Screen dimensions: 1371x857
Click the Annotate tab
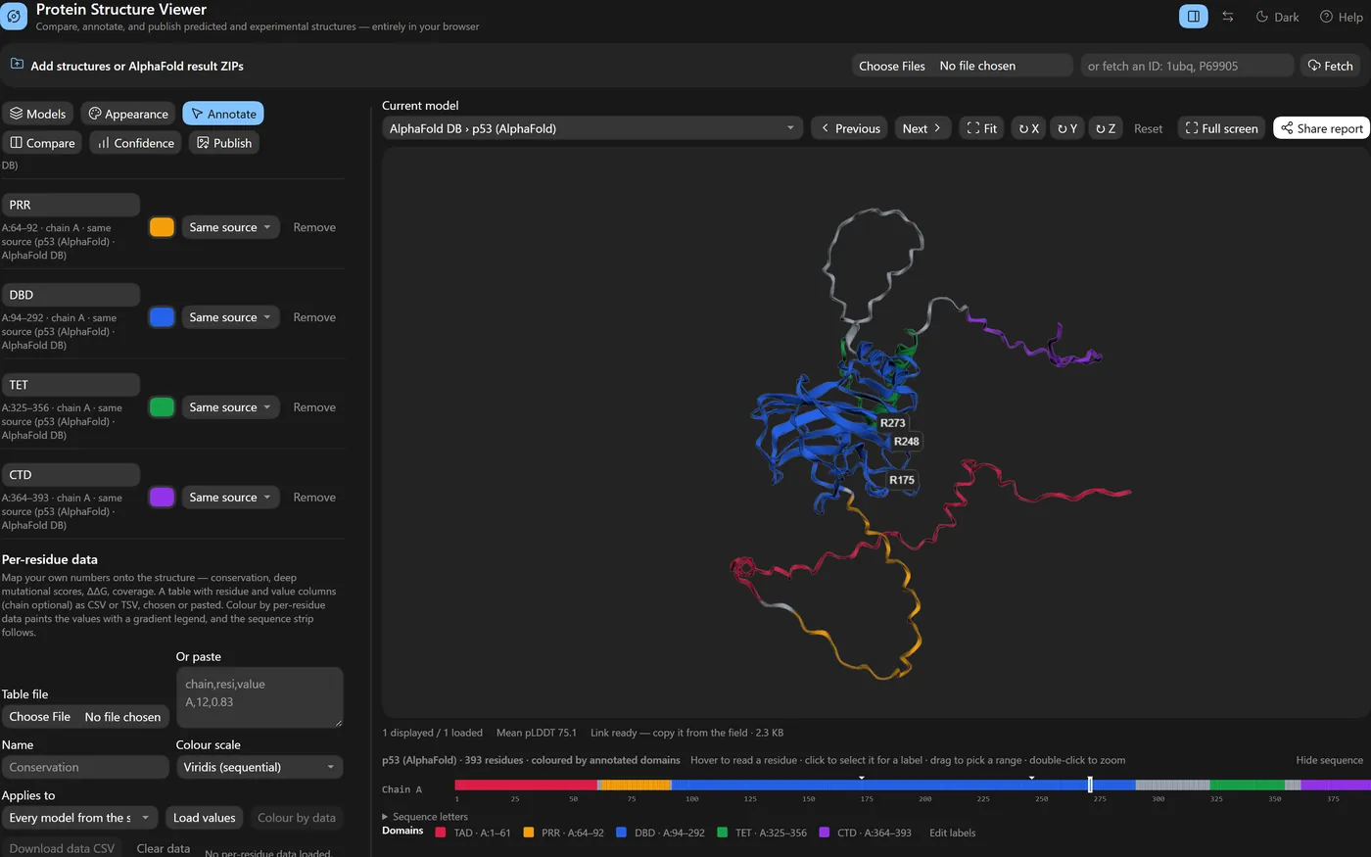pos(223,114)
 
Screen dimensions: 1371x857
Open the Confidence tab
pos(136,143)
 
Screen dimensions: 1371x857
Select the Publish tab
pos(224,143)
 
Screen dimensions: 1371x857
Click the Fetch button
pos(1330,67)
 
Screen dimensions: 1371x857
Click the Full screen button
pos(1222,128)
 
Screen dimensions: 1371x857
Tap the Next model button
pos(922,128)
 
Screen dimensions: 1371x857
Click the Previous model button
pos(849,128)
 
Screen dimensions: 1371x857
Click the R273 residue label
pos(892,423)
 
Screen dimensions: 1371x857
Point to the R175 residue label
pos(902,480)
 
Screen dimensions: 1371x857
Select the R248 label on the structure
pos(906,442)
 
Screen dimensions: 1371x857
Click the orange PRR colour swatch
pos(163,227)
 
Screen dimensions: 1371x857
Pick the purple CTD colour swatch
pos(163,498)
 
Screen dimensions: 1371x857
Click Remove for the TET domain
pos(314,407)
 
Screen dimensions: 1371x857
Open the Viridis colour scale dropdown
pos(260,768)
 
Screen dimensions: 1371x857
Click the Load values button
pos(205,818)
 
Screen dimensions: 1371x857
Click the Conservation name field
pos(85,768)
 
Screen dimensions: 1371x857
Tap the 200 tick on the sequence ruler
pos(924,799)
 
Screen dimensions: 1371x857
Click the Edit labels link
pos(952,833)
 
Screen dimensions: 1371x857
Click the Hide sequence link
pos(1330,760)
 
